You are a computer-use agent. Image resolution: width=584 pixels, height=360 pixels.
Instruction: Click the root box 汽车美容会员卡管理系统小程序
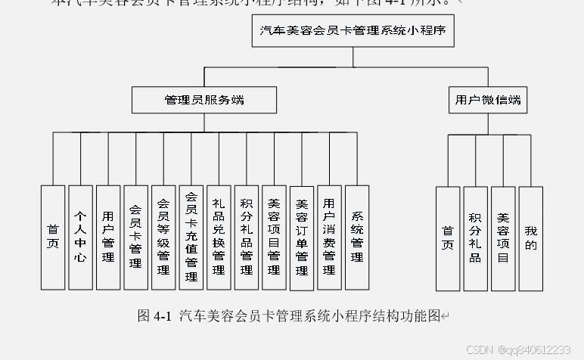tap(353, 33)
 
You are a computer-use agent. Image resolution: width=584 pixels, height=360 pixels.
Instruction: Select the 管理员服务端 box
tap(205, 100)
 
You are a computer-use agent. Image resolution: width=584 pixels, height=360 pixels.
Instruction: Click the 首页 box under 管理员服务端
tap(53, 237)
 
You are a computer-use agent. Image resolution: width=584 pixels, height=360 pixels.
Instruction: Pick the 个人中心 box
tap(80, 237)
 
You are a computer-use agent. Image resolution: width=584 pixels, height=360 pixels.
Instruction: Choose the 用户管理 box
tap(108, 237)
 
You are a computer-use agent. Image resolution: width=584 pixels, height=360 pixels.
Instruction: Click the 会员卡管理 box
tap(136, 237)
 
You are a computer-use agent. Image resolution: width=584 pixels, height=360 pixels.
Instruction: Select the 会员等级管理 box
tap(163, 237)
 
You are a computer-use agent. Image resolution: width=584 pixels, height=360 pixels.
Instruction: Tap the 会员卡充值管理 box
tap(191, 237)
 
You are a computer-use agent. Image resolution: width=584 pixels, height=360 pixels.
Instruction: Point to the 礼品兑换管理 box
tap(219, 237)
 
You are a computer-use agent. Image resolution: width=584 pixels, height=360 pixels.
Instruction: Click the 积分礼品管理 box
tap(247, 237)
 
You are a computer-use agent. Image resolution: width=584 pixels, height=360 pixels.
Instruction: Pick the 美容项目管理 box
tap(274, 237)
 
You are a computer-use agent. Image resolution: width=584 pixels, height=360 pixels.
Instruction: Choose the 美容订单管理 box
tap(302, 237)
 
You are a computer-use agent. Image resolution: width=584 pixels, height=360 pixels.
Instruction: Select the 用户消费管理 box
tap(329, 237)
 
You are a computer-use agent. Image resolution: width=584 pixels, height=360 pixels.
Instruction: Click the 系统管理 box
tap(357, 237)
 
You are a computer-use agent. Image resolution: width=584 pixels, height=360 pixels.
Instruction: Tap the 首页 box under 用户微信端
tap(448, 238)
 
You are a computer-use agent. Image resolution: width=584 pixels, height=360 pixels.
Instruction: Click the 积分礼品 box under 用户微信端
tap(475, 238)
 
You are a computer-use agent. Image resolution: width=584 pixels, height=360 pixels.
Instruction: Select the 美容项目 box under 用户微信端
tap(503, 238)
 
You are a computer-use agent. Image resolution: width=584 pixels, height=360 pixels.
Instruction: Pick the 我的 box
tap(531, 238)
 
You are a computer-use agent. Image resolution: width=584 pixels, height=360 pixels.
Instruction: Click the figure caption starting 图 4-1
tap(294, 316)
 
